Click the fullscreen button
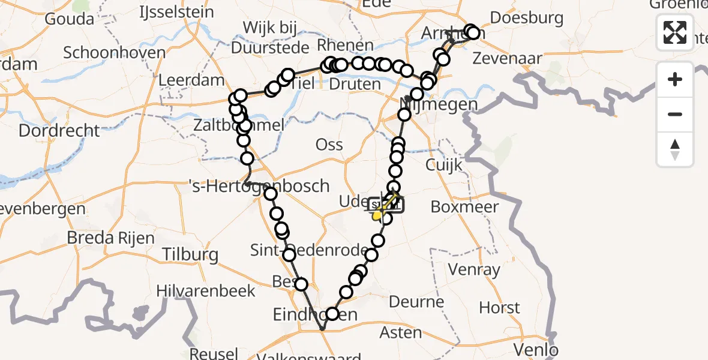point(675,32)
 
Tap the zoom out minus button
point(675,114)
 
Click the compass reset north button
point(675,149)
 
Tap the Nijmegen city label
point(439,105)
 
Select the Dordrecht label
point(59,130)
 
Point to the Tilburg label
point(190,254)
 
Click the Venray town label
point(473,270)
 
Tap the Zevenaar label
point(508,59)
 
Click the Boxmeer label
point(464,207)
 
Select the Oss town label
point(329,144)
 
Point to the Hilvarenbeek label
point(206,291)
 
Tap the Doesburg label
point(526,18)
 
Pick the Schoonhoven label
point(114,52)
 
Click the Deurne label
point(416,301)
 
